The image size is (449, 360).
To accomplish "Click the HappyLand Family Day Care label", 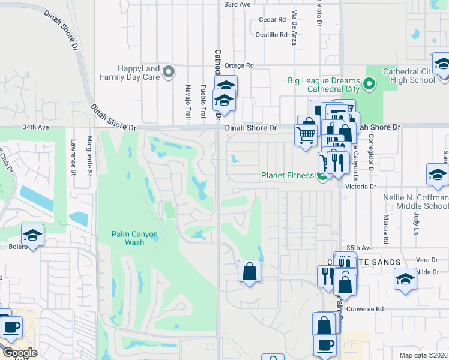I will (x=130, y=73).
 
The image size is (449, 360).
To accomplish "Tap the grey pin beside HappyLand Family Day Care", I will (x=169, y=73).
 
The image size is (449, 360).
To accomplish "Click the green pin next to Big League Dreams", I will (x=370, y=85).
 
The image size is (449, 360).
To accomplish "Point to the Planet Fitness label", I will (x=287, y=176).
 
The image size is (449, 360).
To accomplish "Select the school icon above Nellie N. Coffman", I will (x=438, y=176).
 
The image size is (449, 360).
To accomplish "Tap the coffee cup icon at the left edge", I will (x=11, y=328).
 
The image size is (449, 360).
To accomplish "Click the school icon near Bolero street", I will (x=32, y=235).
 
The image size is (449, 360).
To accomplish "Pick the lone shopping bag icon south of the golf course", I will (x=249, y=271).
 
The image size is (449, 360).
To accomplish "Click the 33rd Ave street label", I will (x=237, y=4).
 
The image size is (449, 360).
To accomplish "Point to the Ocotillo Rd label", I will (x=271, y=35).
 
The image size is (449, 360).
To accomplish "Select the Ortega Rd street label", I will (x=240, y=65).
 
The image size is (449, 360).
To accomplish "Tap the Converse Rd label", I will (x=371, y=309).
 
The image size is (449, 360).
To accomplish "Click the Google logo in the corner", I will (x=20, y=353).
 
